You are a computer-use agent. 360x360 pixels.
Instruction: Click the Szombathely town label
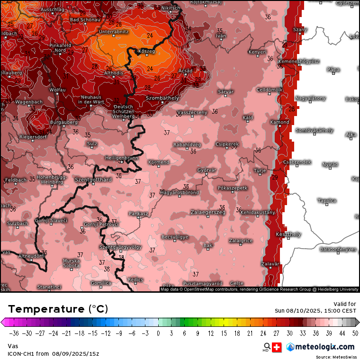click(162, 98)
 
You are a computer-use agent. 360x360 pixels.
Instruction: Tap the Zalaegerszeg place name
click(208, 212)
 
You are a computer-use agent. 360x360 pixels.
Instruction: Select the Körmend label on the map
click(158, 162)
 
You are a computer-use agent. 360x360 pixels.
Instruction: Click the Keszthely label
click(288, 234)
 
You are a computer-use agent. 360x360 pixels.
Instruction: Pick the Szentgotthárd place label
click(93, 180)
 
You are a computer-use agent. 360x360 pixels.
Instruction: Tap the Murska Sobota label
click(72, 263)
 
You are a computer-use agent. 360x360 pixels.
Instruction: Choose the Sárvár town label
click(225, 91)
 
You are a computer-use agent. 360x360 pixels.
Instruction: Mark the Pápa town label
click(333, 69)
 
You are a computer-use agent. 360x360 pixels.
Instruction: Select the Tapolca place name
click(327, 200)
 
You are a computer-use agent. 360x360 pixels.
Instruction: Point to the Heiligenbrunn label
click(122, 157)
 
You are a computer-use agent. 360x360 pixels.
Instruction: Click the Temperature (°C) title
click(58, 309)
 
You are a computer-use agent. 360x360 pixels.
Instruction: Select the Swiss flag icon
click(277, 347)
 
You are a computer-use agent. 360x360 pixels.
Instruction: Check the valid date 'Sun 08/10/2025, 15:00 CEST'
click(315, 311)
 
